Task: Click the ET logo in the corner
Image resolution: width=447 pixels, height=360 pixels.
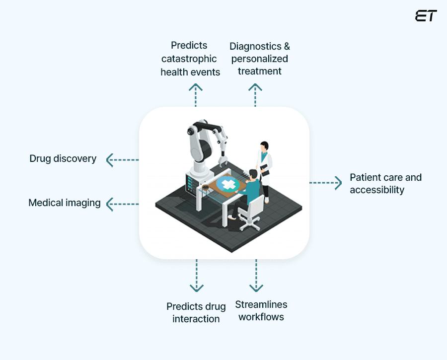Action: (426, 16)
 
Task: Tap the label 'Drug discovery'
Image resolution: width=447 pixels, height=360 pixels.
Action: (63, 159)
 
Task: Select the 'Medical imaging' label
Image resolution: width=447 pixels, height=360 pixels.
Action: (65, 203)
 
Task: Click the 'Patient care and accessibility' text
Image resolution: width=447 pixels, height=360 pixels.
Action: (385, 184)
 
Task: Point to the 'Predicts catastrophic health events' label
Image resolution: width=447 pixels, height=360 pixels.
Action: (190, 59)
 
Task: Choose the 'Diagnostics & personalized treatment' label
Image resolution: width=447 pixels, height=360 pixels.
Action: (259, 59)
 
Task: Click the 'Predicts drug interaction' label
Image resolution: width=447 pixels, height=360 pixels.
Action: (196, 312)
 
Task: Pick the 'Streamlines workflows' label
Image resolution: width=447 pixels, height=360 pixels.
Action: (261, 311)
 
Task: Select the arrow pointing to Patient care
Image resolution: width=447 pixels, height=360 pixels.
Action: (326, 183)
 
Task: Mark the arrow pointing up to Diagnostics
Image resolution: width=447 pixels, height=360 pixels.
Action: (255, 95)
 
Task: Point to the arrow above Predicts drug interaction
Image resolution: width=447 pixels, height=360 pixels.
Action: (197, 275)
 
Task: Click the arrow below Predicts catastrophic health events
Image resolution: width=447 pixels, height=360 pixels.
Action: (196, 95)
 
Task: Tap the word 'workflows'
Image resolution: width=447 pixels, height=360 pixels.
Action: (261, 317)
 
